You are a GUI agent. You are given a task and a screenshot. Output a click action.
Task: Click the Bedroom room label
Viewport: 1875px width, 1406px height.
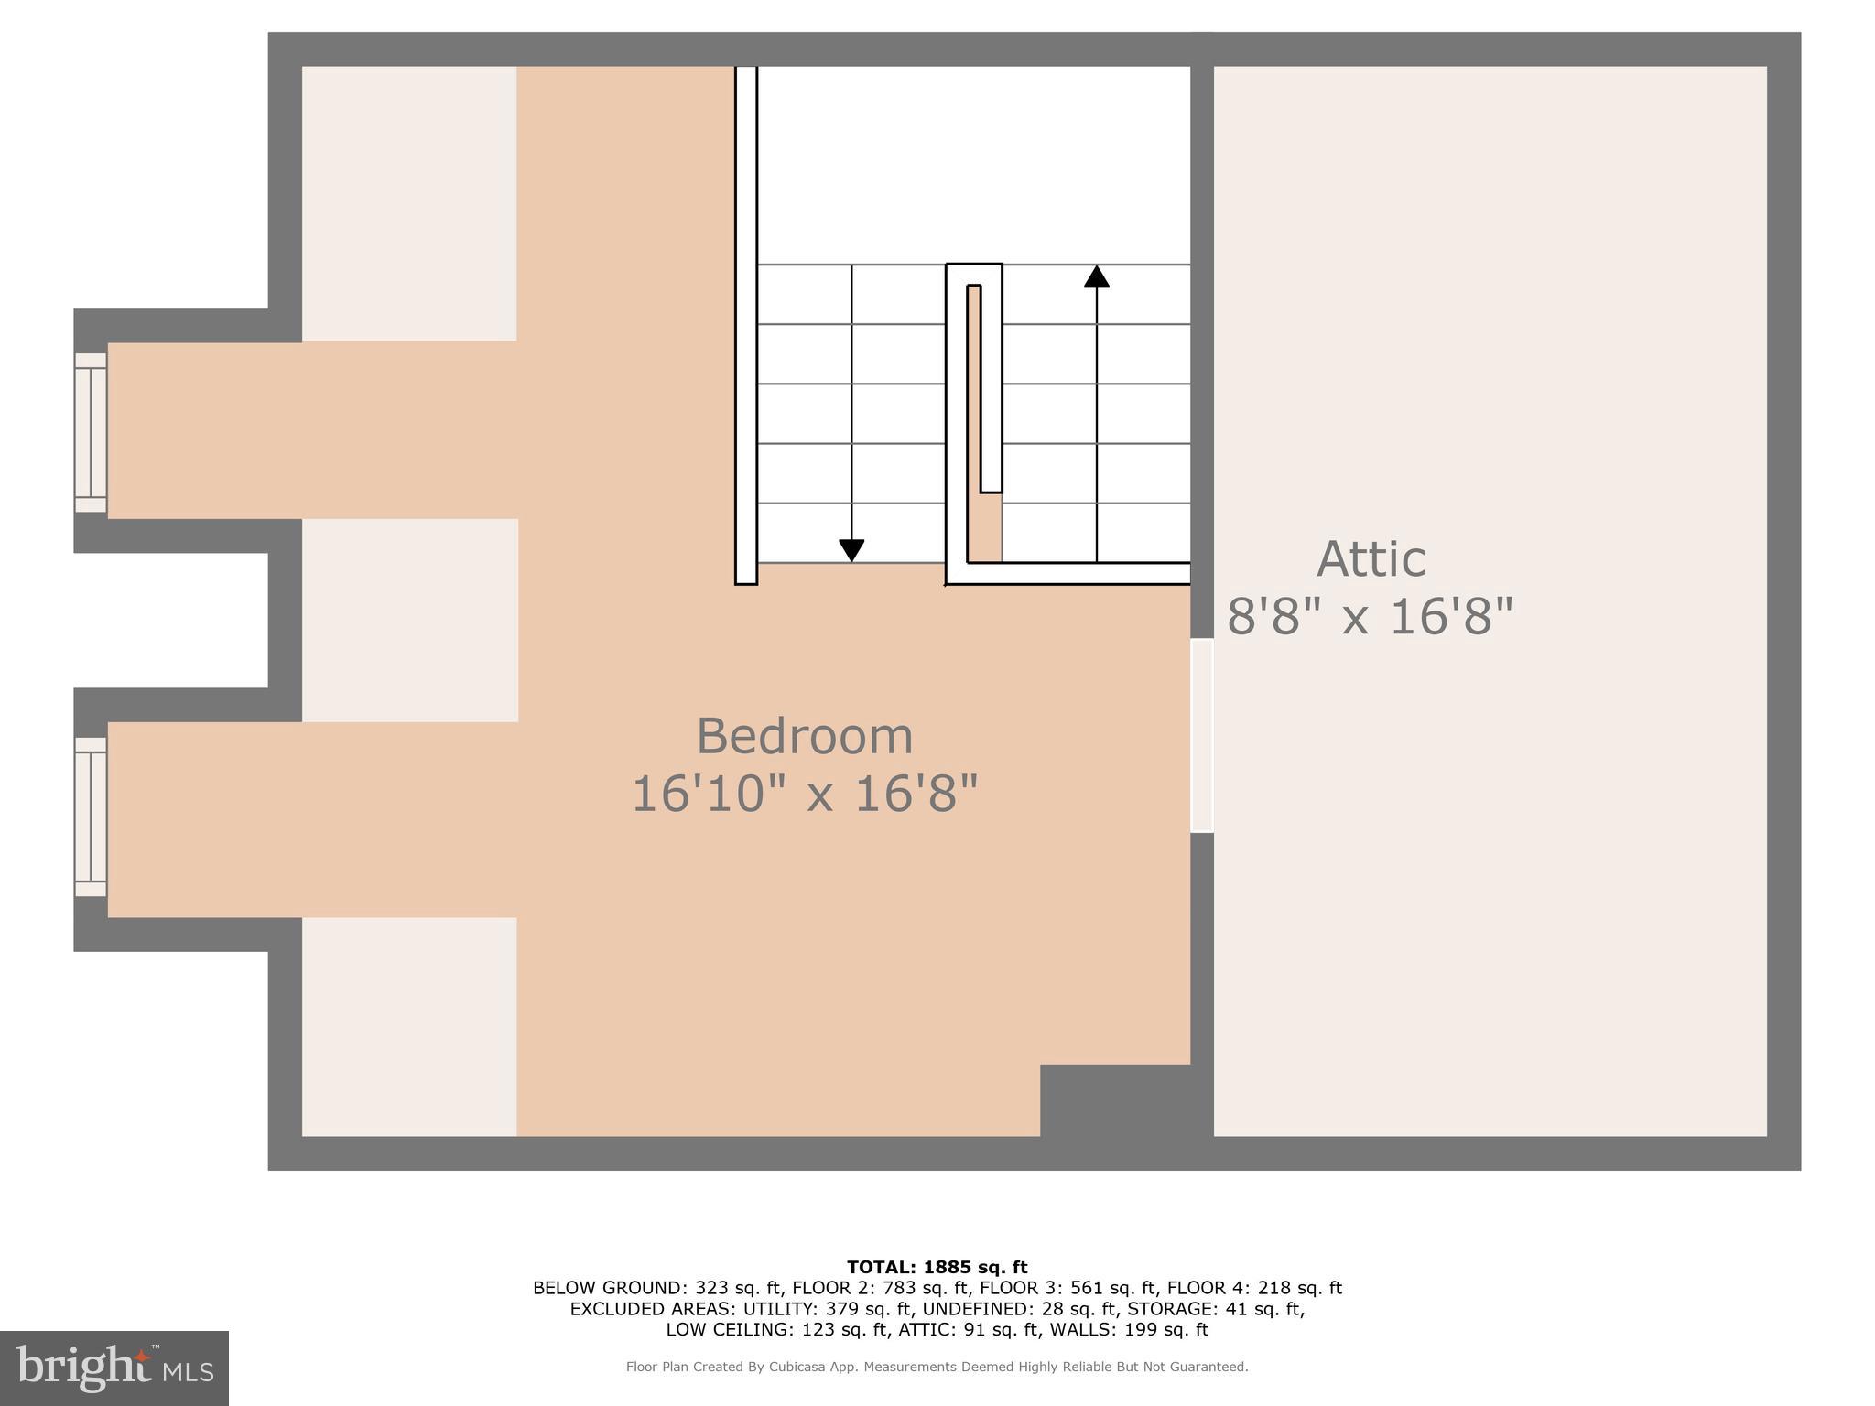coord(805,736)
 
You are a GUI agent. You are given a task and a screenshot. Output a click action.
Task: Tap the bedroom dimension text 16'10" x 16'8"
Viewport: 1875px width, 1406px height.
coord(805,793)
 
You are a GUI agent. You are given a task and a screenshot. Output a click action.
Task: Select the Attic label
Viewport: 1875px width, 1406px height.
coord(1371,558)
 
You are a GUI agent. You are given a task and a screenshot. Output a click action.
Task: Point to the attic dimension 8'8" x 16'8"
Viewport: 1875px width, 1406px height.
coord(1370,616)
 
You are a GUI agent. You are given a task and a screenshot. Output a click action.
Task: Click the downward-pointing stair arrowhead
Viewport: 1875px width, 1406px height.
coord(851,550)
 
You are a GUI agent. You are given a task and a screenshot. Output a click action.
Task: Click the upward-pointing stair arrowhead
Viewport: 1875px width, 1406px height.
coord(1096,276)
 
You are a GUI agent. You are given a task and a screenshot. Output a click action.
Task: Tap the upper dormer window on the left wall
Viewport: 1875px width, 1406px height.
coord(91,432)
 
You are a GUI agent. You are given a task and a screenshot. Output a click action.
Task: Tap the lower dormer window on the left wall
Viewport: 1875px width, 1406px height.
coord(91,817)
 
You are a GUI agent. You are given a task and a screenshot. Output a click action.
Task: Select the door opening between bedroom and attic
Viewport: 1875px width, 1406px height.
coord(1201,735)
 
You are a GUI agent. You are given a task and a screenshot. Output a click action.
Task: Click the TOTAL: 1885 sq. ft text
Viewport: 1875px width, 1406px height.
coord(937,1267)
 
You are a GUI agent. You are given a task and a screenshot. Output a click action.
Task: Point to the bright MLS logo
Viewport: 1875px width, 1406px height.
coord(114,1368)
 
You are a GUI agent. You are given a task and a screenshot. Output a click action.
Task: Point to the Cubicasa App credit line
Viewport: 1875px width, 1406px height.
coord(937,1367)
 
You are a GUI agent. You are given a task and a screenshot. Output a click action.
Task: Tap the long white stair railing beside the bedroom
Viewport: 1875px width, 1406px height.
coord(746,325)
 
